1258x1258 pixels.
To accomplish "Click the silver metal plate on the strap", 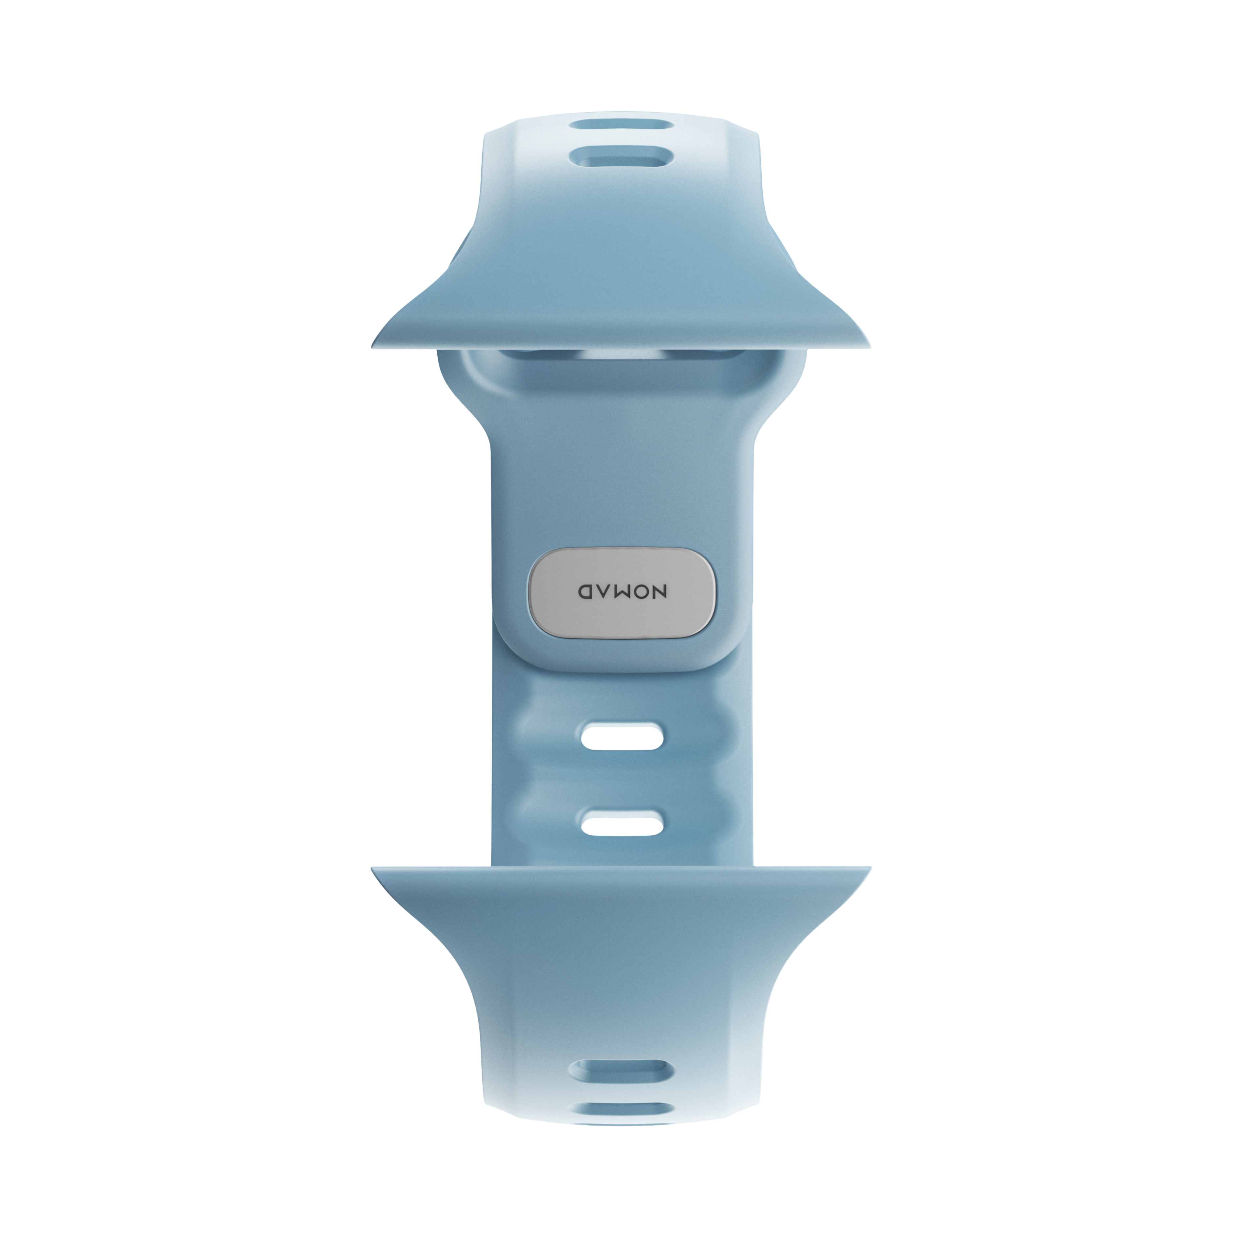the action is (x=622, y=593).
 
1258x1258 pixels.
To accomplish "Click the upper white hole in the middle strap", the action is (x=622, y=738).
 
